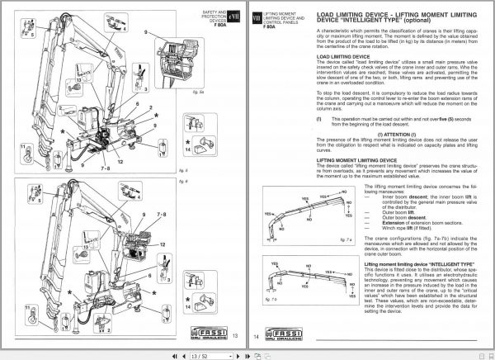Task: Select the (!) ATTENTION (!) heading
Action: point(375,134)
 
